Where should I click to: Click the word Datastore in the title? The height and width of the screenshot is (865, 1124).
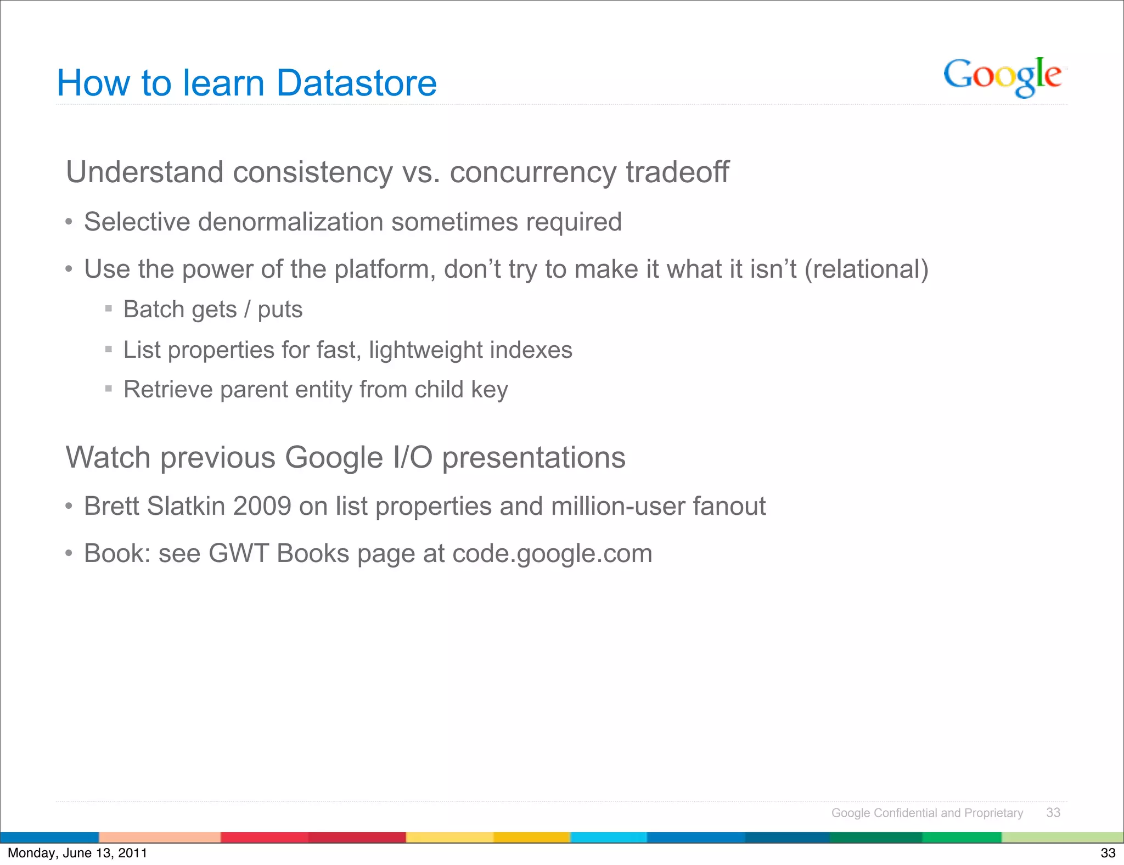click(x=356, y=83)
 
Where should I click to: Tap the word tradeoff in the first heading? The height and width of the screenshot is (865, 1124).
click(x=677, y=172)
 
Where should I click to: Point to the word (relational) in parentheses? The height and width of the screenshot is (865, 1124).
click(x=867, y=269)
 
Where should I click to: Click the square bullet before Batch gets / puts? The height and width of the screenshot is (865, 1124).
click(x=109, y=309)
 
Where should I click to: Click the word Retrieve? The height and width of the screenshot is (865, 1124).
click(x=168, y=390)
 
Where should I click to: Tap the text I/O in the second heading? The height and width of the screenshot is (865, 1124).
click(x=413, y=457)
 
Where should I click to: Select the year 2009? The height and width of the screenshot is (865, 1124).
click(x=262, y=506)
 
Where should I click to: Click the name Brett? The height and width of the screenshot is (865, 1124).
click(x=111, y=506)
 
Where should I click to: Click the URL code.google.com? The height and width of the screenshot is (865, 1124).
click(x=552, y=553)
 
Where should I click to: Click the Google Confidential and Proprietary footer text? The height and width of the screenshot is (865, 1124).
click(x=927, y=813)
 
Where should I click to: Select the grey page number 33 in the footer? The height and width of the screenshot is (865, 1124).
click(x=1053, y=813)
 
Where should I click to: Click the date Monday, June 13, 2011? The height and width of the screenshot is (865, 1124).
click(x=77, y=853)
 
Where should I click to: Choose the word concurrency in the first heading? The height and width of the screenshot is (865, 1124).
click(x=533, y=172)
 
